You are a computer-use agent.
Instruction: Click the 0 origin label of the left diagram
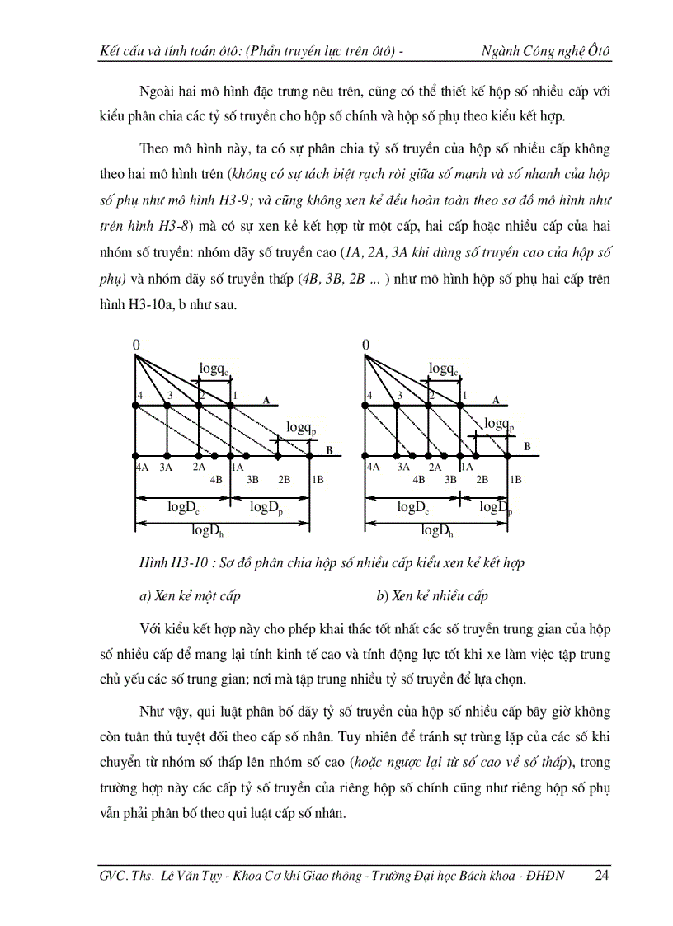tap(136, 344)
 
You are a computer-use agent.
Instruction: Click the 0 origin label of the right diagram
tap(365, 344)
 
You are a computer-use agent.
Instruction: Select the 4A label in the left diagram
tap(141, 467)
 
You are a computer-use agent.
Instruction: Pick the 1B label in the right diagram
tap(515, 478)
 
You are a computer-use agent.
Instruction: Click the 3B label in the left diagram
tap(252, 478)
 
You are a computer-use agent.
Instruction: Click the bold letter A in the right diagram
tap(496, 400)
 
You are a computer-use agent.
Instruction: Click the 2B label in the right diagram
tap(482, 478)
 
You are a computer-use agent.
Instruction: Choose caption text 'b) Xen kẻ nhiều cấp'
tap(432, 595)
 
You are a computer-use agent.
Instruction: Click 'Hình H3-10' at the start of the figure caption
tap(169, 563)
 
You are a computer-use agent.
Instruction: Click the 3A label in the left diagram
tap(167, 467)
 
